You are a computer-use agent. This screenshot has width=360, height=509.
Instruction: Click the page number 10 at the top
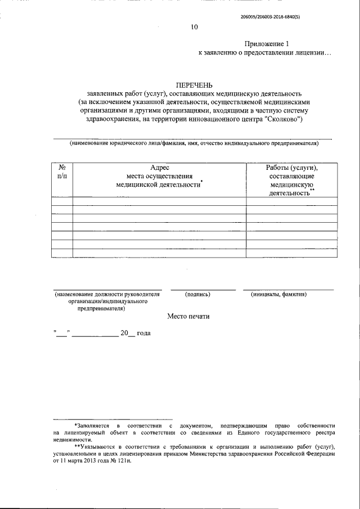point(194,27)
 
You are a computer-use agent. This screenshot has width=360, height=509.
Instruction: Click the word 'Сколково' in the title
point(286,119)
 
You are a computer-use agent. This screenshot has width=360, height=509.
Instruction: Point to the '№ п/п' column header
point(62,172)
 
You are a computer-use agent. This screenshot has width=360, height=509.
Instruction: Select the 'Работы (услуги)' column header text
point(292,168)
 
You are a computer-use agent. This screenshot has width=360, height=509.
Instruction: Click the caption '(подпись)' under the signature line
point(197,294)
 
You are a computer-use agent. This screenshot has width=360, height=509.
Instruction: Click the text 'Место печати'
point(188,316)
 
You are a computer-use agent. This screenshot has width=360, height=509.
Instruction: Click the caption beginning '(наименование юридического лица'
point(194,143)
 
